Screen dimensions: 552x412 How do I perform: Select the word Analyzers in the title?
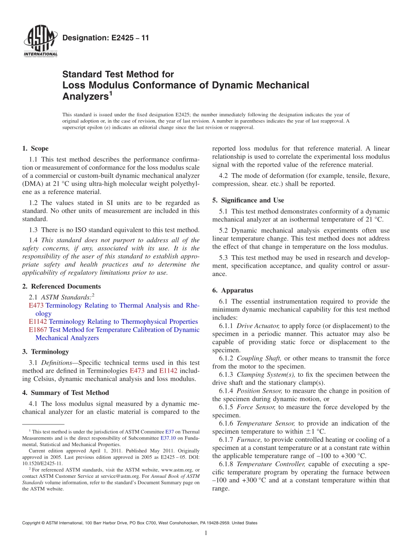click(85, 96)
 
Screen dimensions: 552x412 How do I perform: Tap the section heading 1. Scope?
click(35, 148)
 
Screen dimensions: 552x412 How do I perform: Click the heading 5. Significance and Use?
click(248, 200)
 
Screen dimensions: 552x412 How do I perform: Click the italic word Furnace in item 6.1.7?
click(249, 440)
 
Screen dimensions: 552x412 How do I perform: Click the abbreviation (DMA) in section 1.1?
click(33, 184)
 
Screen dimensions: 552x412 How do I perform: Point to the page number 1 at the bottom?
click(206, 533)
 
